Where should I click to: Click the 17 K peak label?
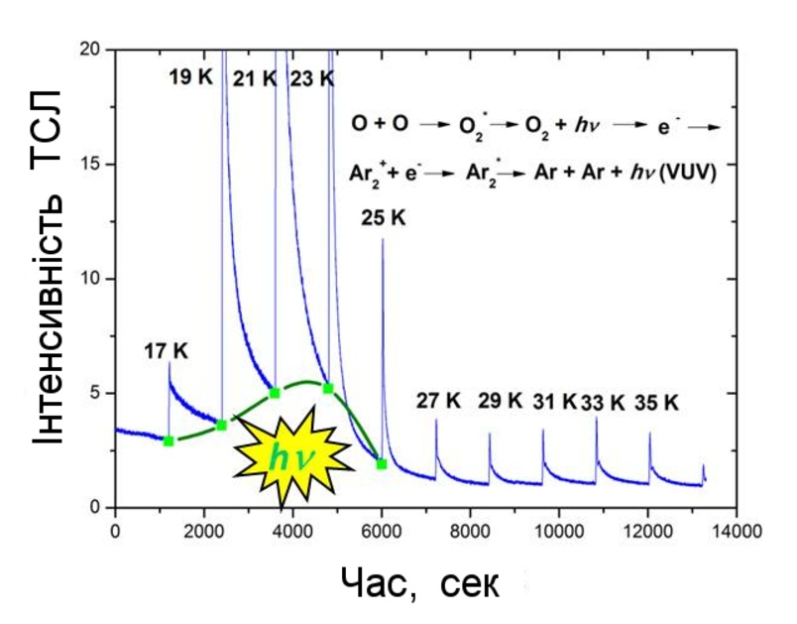tap(166, 350)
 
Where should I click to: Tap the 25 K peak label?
tap(384, 217)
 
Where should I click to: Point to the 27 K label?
tap(438, 402)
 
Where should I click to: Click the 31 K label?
tap(554, 402)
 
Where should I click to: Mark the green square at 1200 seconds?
tap(169, 440)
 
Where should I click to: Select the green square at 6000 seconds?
tap(382, 463)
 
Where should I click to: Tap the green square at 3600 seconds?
tap(275, 393)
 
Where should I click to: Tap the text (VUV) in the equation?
tap(690, 171)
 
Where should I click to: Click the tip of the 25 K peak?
tap(383, 239)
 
